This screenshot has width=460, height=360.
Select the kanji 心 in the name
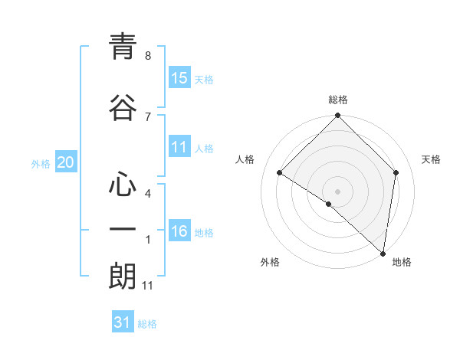[x=123, y=184]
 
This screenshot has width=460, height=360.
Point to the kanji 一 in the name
[x=123, y=229]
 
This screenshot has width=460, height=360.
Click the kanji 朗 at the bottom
[x=123, y=276]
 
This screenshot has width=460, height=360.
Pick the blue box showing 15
[x=179, y=78]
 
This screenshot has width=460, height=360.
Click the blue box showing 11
[x=179, y=147]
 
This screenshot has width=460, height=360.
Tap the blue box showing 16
[x=179, y=231]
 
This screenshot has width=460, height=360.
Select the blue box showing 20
[x=66, y=162]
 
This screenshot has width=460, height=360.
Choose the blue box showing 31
[x=123, y=322]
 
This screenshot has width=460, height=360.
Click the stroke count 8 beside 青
[x=147, y=56]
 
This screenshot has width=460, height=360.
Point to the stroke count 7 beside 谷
[x=147, y=116]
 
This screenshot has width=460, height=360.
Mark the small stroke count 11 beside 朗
[x=148, y=286]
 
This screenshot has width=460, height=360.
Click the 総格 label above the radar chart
[x=337, y=100]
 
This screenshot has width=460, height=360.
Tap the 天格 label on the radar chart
[x=431, y=159]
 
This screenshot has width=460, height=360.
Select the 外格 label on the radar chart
[x=270, y=262]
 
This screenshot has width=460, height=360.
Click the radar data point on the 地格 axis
[x=383, y=254]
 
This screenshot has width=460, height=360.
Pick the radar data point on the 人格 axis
[x=280, y=173]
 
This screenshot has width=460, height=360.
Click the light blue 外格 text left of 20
[x=41, y=163]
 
